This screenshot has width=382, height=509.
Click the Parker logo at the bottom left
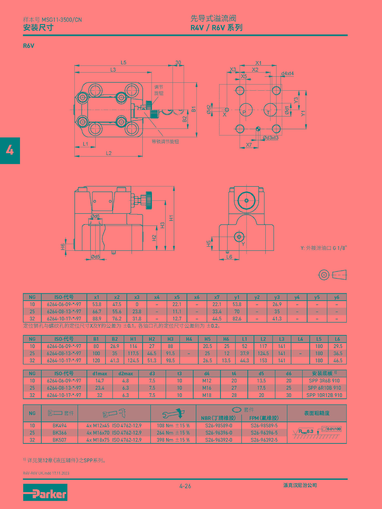click(45, 492)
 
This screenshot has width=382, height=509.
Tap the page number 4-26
click(185, 486)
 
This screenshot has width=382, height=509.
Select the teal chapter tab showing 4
click(10, 150)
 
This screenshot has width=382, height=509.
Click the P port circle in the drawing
click(246, 110)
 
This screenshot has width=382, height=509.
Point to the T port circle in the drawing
click(270, 110)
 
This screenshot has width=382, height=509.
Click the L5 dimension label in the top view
click(124, 62)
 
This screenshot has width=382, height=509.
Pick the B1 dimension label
click(194, 109)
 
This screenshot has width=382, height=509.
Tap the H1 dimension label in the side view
click(171, 218)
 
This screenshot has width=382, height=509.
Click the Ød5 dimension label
click(95, 256)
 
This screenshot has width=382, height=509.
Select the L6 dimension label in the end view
click(229, 256)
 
